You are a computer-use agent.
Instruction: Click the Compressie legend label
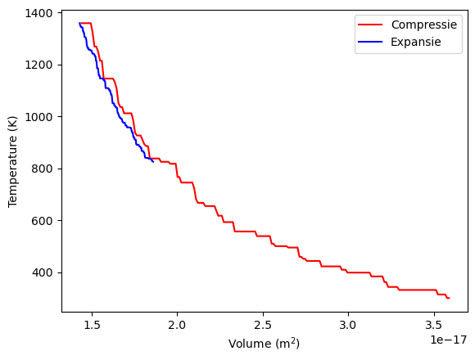click(x=424, y=25)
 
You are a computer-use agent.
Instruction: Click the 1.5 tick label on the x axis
click(x=92, y=326)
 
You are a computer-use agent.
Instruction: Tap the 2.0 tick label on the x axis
click(x=177, y=326)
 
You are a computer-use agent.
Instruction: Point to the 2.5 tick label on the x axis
click(x=263, y=326)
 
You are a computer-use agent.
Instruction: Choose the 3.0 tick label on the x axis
click(x=348, y=326)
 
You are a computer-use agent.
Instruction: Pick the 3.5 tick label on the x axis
click(x=434, y=326)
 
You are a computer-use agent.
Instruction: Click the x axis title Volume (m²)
click(x=264, y=344)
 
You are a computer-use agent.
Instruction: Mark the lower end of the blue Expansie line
click(x=153, y=161)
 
